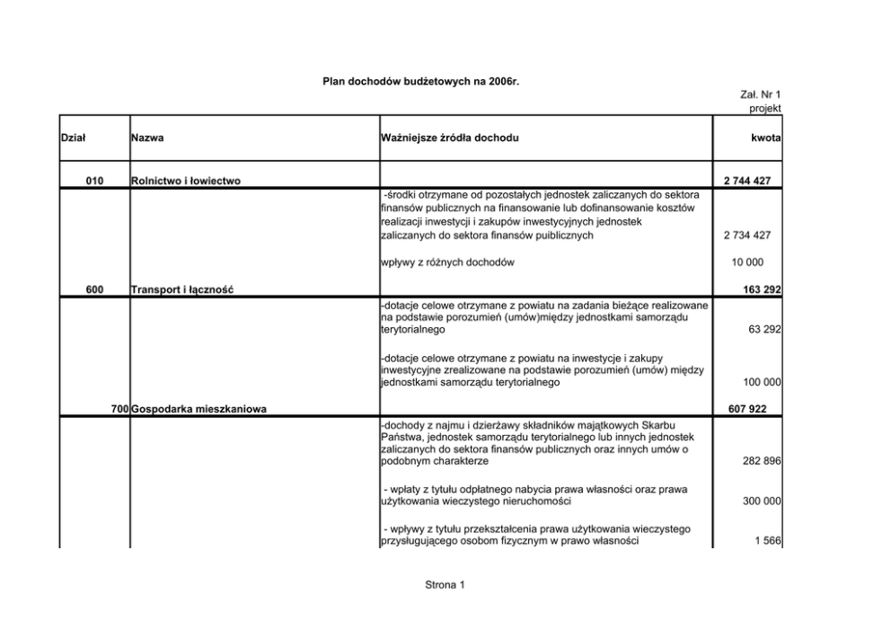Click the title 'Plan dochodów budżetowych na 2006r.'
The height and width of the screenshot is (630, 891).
421,82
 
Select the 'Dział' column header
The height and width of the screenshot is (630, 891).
73,138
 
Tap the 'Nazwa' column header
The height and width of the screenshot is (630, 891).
147,138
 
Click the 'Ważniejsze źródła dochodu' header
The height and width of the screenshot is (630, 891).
450,138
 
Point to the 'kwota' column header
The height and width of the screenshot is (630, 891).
765,138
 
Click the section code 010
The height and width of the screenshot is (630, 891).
94,182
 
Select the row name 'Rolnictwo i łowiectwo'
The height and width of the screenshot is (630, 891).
186,182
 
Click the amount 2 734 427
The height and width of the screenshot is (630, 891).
747,235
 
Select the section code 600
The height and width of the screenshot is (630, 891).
94,289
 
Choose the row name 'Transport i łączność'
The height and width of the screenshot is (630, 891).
183,289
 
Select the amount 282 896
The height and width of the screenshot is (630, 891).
762,461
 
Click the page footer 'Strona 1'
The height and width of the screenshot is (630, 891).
445,586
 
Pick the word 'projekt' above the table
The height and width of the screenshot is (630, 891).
765,109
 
